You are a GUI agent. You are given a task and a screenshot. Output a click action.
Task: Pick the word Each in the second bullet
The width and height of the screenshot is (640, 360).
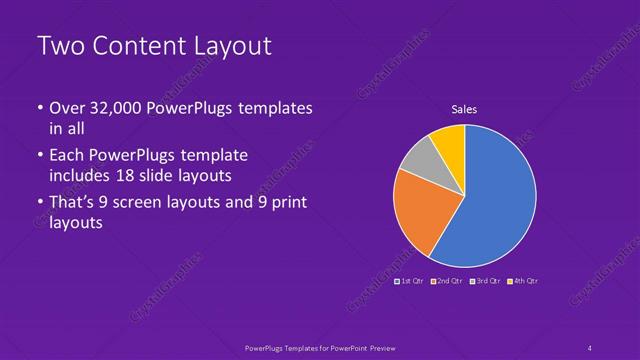point(67,156)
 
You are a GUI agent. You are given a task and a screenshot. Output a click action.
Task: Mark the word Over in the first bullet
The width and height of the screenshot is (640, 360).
point(68,108)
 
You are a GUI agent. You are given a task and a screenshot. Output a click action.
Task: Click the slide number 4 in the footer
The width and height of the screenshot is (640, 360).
point(590,347)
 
